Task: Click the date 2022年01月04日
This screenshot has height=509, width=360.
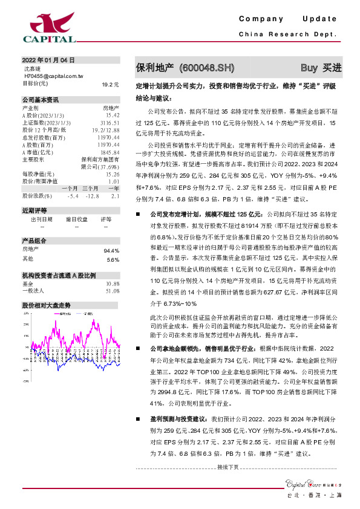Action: pyautogui.click(x=48, y=60)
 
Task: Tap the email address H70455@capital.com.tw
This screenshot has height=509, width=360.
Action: pyautogui.click(x=53, y=77)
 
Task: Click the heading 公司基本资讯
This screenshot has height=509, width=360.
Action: pyautogui.click(x=41, y=99)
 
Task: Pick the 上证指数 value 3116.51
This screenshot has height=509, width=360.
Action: pyautogui.click(x=110, y=122)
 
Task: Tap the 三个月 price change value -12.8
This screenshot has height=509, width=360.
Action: pyautogui.click(x=91, y=196)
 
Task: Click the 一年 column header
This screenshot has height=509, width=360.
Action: pyautogui.click(x=113, y=189)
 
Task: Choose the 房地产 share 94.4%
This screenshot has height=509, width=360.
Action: pyautogui.click(x=111, y=250)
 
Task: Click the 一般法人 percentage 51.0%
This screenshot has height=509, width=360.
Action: pyautogui.click(x=112, y=291)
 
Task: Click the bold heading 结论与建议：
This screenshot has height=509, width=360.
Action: pyautogui.click(x=154, y=97)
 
